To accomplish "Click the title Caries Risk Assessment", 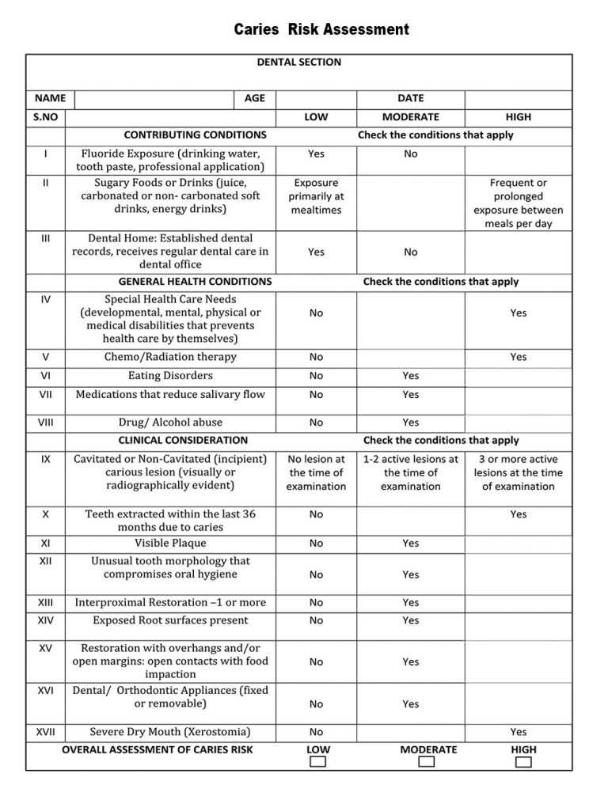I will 321,30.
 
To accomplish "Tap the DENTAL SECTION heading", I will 299,62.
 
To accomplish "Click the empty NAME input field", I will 154,99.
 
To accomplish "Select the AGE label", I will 255,98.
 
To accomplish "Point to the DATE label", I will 410,98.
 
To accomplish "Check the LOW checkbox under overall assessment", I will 317,762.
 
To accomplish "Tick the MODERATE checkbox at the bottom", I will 427,762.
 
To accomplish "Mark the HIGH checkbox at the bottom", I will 523,762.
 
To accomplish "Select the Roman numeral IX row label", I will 45,458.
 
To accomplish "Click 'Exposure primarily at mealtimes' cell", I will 316,196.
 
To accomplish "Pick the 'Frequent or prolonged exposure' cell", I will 519,203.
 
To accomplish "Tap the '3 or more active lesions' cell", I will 519,472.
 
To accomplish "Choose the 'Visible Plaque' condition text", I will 170,543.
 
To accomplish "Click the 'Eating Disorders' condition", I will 170,376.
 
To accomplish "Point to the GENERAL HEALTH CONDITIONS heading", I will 195,281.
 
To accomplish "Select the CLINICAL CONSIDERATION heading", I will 183,440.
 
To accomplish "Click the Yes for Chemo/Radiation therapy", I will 519,357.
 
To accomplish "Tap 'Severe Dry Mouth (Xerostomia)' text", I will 170,732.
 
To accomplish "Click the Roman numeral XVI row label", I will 45,691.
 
